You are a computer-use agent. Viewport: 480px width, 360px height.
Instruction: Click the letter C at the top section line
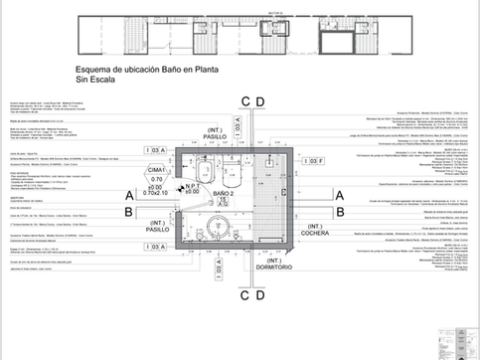pos(245,101)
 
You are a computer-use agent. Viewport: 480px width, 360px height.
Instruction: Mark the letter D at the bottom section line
pos(259,294)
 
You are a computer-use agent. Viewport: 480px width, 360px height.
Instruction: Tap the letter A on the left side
pos(129,195)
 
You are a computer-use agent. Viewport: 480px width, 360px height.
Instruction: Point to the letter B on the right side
pos(340,212)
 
